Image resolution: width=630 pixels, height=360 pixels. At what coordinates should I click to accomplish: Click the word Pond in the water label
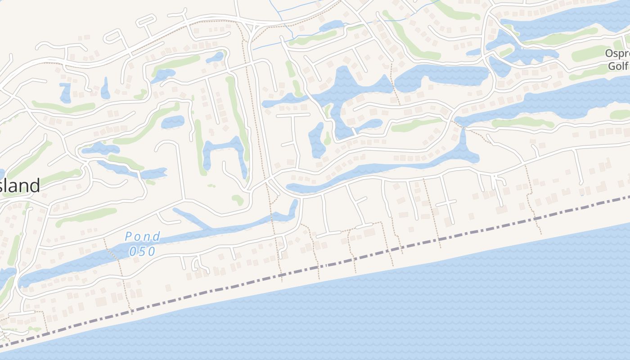click(142, 237)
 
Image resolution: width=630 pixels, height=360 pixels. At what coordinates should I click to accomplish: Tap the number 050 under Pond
click(142, 252)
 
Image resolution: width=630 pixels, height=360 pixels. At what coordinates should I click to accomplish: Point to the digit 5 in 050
click(143, 252)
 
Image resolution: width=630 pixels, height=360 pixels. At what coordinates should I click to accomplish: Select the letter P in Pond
click(129, 237)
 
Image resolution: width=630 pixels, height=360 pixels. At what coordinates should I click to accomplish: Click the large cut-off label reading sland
click(20, 185)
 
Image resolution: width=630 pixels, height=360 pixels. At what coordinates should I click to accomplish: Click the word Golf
click(618, 66)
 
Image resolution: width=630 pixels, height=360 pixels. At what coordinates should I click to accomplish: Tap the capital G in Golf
click(612, 66)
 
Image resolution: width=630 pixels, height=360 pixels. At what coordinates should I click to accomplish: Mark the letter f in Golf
click(626, 66)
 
